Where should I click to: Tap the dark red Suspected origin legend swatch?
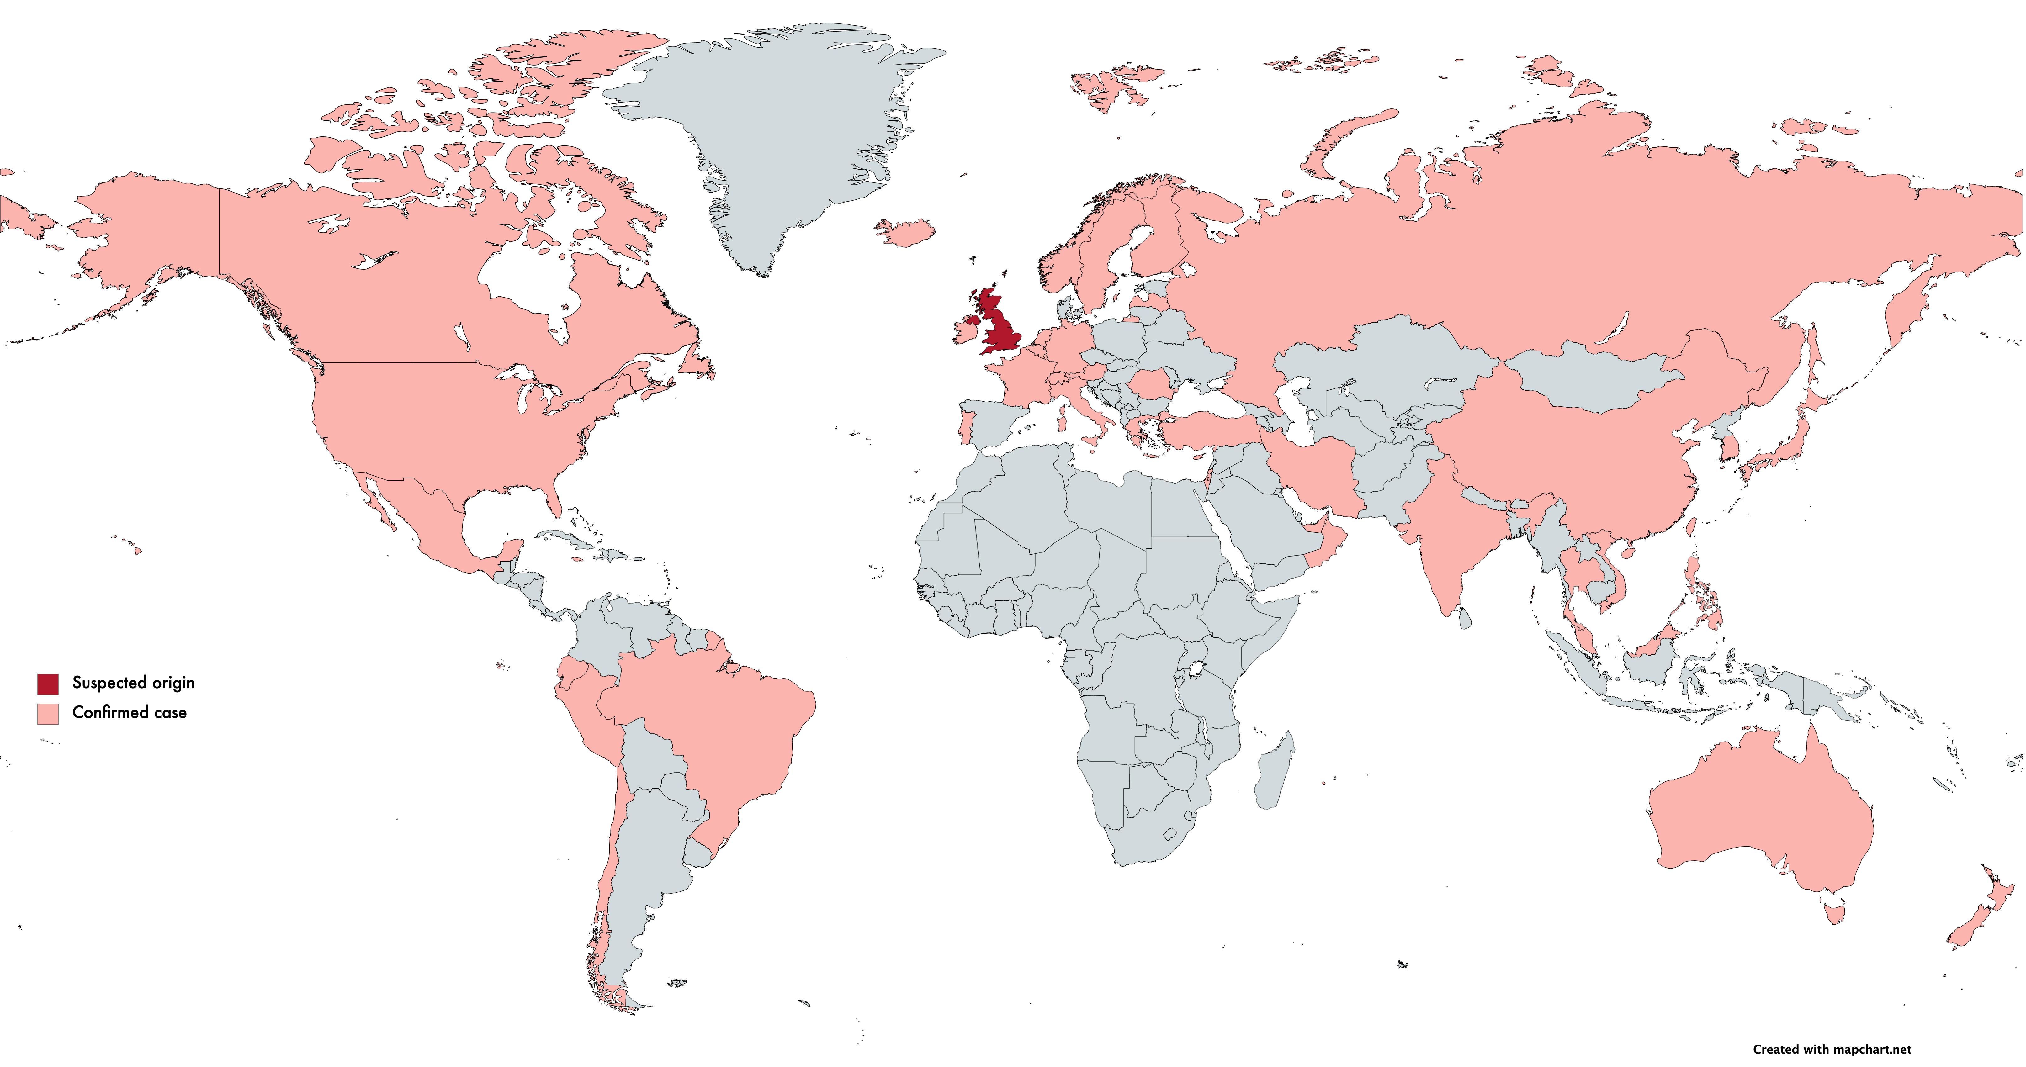(x=47, y=683)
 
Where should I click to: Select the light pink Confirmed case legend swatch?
(x=47, y=713)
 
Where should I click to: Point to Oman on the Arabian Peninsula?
(x=1329, y=542)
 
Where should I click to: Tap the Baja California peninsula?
(x=378, y=503)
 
